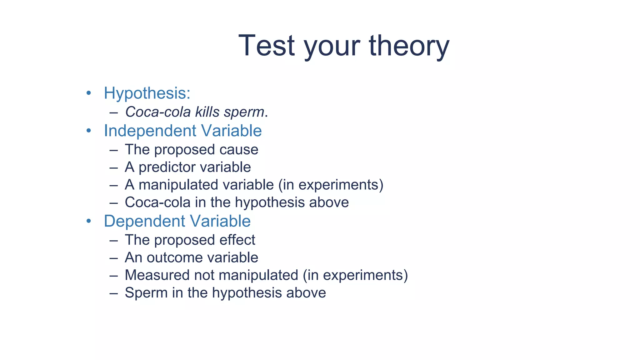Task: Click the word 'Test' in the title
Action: click(x=266, y=46)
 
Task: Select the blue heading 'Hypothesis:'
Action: click(x=147, y=93)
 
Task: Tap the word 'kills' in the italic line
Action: click(x=207, y=112)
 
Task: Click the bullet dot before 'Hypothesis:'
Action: click(x=89, y=93)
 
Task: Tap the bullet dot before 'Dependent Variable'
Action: click(x=89, y=221)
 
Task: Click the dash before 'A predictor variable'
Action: click(x=114, y=167)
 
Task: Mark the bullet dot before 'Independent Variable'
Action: click(x=89, y=131)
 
